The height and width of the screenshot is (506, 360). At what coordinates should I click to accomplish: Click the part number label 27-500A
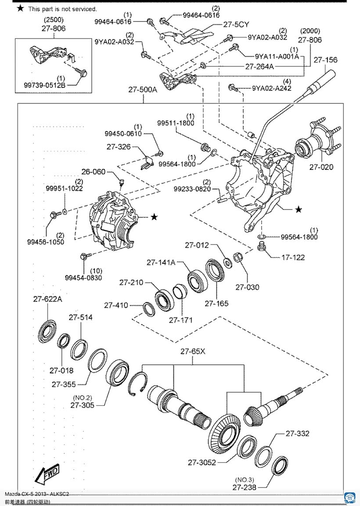point(143,90)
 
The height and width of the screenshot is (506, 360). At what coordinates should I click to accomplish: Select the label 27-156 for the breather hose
point(325,60)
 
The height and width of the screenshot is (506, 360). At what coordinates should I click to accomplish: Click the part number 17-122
point(293,257)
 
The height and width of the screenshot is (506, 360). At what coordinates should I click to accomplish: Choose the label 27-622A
point(48,299)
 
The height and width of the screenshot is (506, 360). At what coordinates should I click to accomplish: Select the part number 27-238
point(245,487)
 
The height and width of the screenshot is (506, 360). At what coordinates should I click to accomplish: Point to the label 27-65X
point(193,351)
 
